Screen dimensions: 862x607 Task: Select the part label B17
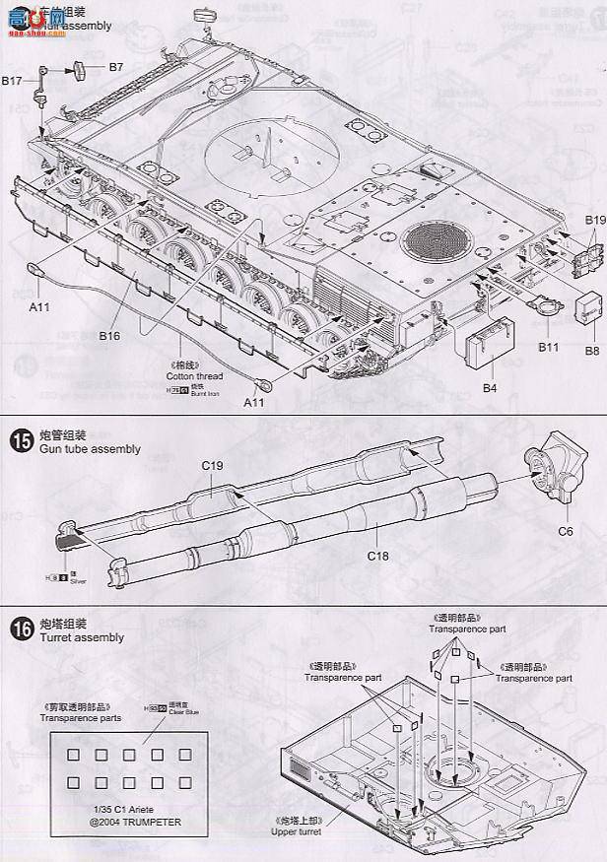[x=12, y=81]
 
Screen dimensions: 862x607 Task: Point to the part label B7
[x=115, y=67]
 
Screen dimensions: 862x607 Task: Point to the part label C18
[x=378, y=556]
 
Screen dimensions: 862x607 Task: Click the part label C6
[x=566, y=531]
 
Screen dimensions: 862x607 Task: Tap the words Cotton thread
[x=194, y=375]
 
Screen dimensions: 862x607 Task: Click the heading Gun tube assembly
[x=89, y=449]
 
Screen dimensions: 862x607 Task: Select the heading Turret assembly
[x=82, y=637]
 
